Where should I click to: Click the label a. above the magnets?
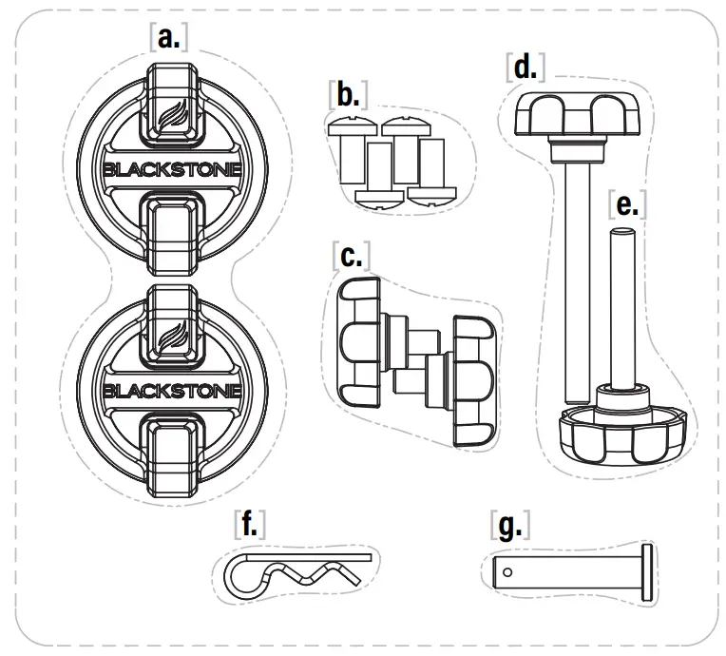169,37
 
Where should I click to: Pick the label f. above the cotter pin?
249,524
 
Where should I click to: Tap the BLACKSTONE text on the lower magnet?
171,390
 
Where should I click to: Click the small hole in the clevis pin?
510,571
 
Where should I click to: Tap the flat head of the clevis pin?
649,571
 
